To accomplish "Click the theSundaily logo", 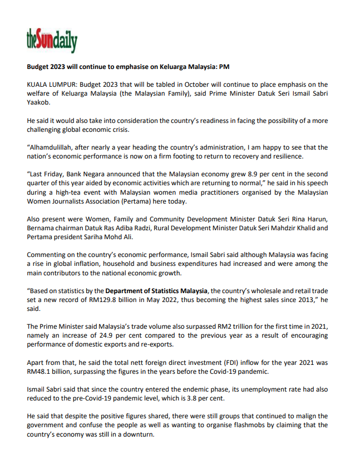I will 52,39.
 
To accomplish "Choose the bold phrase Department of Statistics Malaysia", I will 157,290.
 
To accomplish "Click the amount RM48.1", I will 40,371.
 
